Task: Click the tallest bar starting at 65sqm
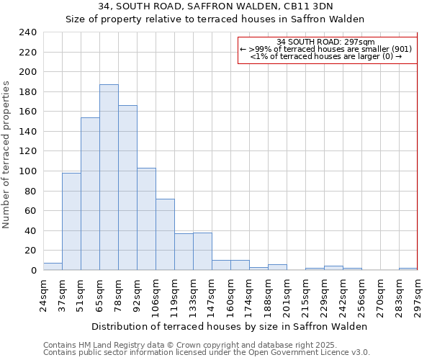pos(109,177)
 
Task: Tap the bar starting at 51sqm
pos(90,193)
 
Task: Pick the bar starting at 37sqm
pos(71,221)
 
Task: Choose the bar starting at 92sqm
pos(146,219)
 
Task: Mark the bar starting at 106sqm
pos(165,234)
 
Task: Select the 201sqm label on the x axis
pos(286,295)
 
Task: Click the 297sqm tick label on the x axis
pos(417,295)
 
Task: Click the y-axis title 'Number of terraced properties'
pos(6,155)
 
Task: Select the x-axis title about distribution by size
pos(230,326)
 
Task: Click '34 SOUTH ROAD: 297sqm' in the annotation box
pos(325,42)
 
